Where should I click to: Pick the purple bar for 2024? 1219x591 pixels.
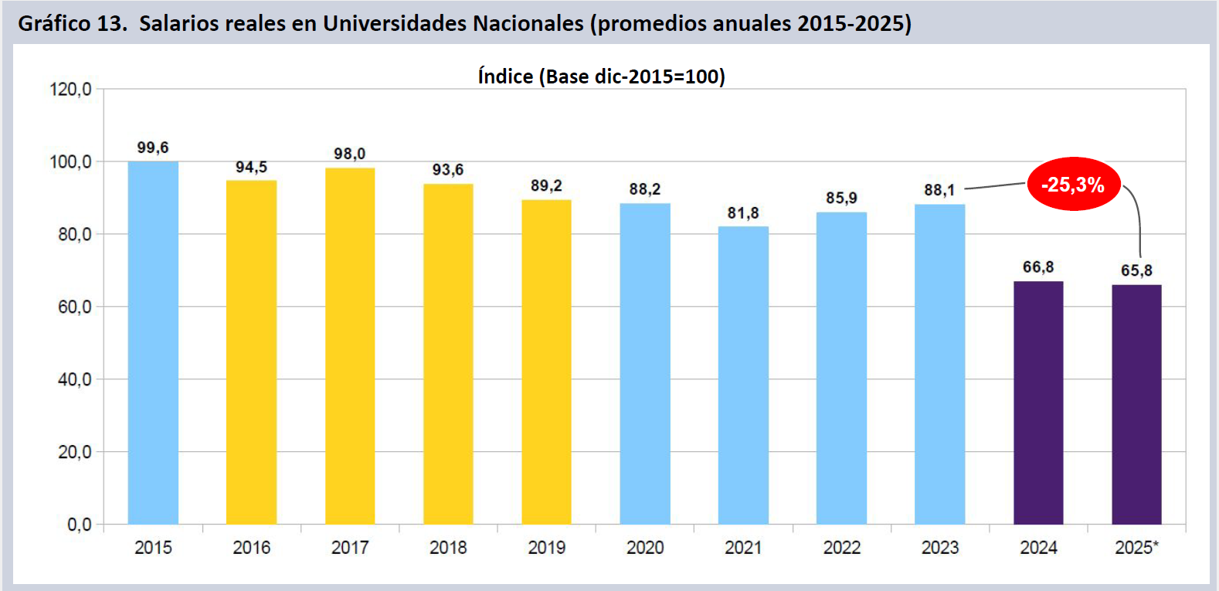(1038, 402)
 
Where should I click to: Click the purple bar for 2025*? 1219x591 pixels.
(1136, 404)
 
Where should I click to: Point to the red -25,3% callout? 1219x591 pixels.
(1073, 185)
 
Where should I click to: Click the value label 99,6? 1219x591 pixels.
(153, 148)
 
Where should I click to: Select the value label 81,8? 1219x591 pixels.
(743, 212)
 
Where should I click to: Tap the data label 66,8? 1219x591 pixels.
(1038, 267)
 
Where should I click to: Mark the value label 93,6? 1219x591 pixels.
(448, 170)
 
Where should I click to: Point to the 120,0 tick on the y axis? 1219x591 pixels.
(70, 90)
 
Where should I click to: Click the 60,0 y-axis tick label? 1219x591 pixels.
(74, 307)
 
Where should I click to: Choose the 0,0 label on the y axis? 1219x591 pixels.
(79, 525)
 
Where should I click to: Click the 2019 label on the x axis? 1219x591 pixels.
(546, 548)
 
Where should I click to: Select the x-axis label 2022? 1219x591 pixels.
(841, 548)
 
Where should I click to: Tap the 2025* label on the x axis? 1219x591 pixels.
(1136, 548)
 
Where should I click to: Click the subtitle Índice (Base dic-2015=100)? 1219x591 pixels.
(601, 76)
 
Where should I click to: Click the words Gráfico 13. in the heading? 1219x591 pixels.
(72, 23)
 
